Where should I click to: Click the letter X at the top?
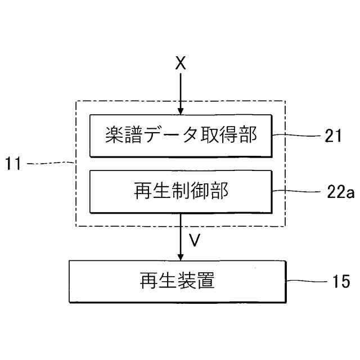click(x=180, y=63)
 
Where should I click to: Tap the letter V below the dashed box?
click(x=194, y=240)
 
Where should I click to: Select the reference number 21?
click(x=333, y=136)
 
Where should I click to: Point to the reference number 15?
click(x=337, y=280)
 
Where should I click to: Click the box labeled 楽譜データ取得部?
click(x=180, y=136)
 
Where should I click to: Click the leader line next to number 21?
click(x=295, y=136)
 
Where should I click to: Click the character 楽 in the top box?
click(x=115, y=136)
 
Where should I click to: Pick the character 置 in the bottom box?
click(x=206, y=281)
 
